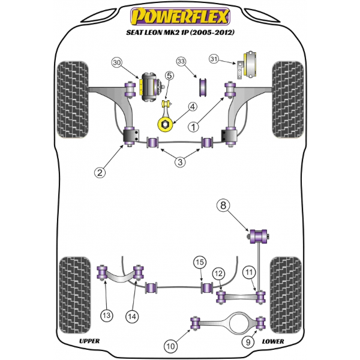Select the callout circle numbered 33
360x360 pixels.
pos(181,61)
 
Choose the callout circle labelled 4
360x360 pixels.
pos(192,107)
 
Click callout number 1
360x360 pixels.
pos(193,127)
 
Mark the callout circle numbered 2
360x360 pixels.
pos(101,173)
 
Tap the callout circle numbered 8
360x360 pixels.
pos(223,206)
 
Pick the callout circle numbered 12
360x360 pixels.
pos(218,274)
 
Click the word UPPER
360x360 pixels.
pos(89,341)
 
